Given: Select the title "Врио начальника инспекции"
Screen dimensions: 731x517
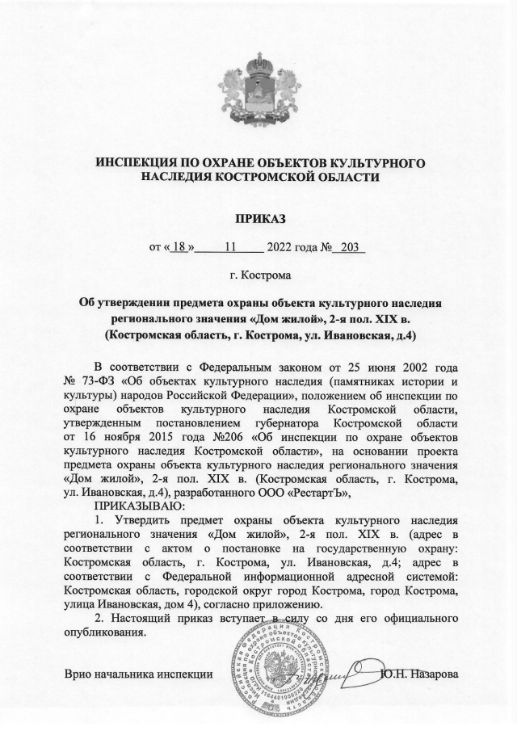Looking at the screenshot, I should coord(139,673).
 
